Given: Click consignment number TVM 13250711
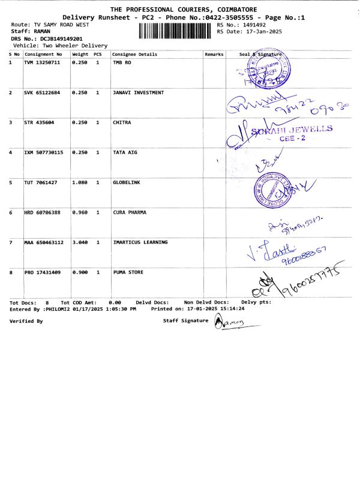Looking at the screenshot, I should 43,62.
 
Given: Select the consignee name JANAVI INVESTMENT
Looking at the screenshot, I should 138,93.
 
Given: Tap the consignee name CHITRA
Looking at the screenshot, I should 122,122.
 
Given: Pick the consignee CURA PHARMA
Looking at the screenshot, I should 130,212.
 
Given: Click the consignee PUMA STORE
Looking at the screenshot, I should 128,272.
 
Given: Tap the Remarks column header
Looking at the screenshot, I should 214,54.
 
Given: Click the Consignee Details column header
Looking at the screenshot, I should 134,54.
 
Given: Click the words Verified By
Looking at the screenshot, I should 26,322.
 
